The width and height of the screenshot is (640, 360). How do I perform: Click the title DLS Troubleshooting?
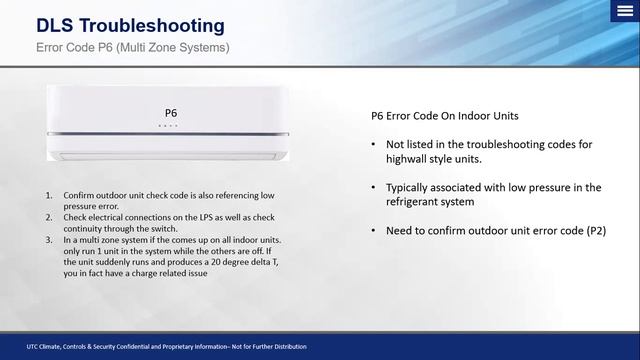pyautogui.click(x=130, y=24)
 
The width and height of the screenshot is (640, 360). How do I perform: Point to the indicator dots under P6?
pyautogui.click(x=169, y=127)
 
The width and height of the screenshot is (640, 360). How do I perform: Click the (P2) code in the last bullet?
pyautogui.click(x=594, y=231)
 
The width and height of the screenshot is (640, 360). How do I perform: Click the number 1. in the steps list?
pyautogui.click(x=49, y=196)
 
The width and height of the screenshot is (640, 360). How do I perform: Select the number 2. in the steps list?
pyautogui.click(x=49, y=216)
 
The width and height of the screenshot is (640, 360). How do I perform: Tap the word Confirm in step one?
pyautogui.click(x=79, y=196)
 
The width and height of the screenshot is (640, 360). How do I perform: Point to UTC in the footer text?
pyautogui.click(x=35, y=347)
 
